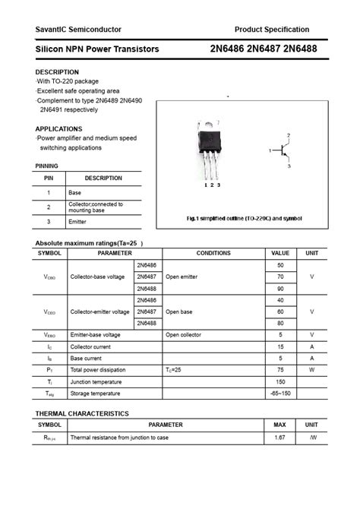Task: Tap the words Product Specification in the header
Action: [x=272, y=30]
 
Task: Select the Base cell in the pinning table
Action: [x=75, y=193]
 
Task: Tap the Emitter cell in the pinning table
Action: [x=77, y=221]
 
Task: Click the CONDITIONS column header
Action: [x=213, y=253]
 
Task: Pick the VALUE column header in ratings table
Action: [x=280, y=253]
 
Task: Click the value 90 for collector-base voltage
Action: [x=280, y=289]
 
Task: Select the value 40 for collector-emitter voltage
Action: [x=280, y=300]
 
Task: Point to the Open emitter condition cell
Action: [x=182, y=277]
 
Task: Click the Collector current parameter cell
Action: [x=87, y=346]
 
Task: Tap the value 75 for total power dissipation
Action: [x=280, y=370]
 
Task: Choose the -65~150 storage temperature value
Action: [x=280, y=394]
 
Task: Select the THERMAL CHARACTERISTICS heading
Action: [x=82, y=413]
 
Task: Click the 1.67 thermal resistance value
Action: [x=279, y=438]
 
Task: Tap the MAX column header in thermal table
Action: [x=279, y=425]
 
